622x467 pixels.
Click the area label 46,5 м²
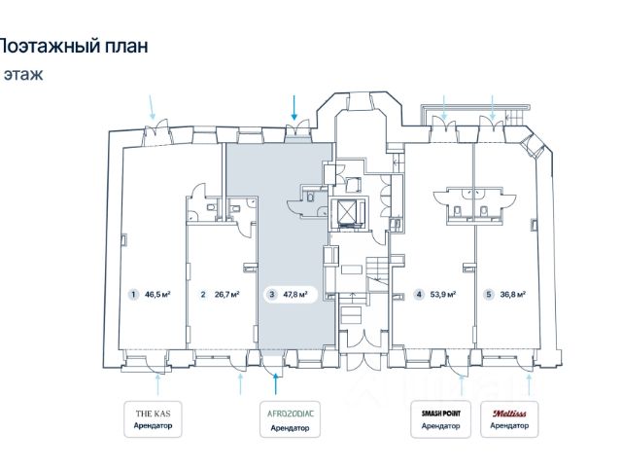[x=157, y=295]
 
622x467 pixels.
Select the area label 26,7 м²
[x=226, y=295]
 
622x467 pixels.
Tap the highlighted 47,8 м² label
[x=295, y=295]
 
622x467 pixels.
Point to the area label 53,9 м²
[x=443, y=295]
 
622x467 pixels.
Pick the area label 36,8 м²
[x=513, y=295]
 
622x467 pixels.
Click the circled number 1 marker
[x=133, y=295]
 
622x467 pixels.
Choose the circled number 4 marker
[x=419, y=295]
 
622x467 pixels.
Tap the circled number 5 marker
[x=489, y=295]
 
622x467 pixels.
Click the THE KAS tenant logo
[x=153, y=413]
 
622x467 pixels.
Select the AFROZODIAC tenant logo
[x=291, y=413]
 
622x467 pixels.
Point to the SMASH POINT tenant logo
[x=441, y=413]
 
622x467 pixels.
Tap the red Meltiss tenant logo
[x=509, y=413]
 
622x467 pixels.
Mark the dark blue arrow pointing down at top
[x=294, y=107]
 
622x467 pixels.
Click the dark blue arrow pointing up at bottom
[x=276, y=384]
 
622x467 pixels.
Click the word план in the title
[x=126, y=46]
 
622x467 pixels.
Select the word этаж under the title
[x=23, y=74]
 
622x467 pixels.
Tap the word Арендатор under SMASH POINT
[x=440, y=426]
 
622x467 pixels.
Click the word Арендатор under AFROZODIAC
[x=290, y=428]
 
